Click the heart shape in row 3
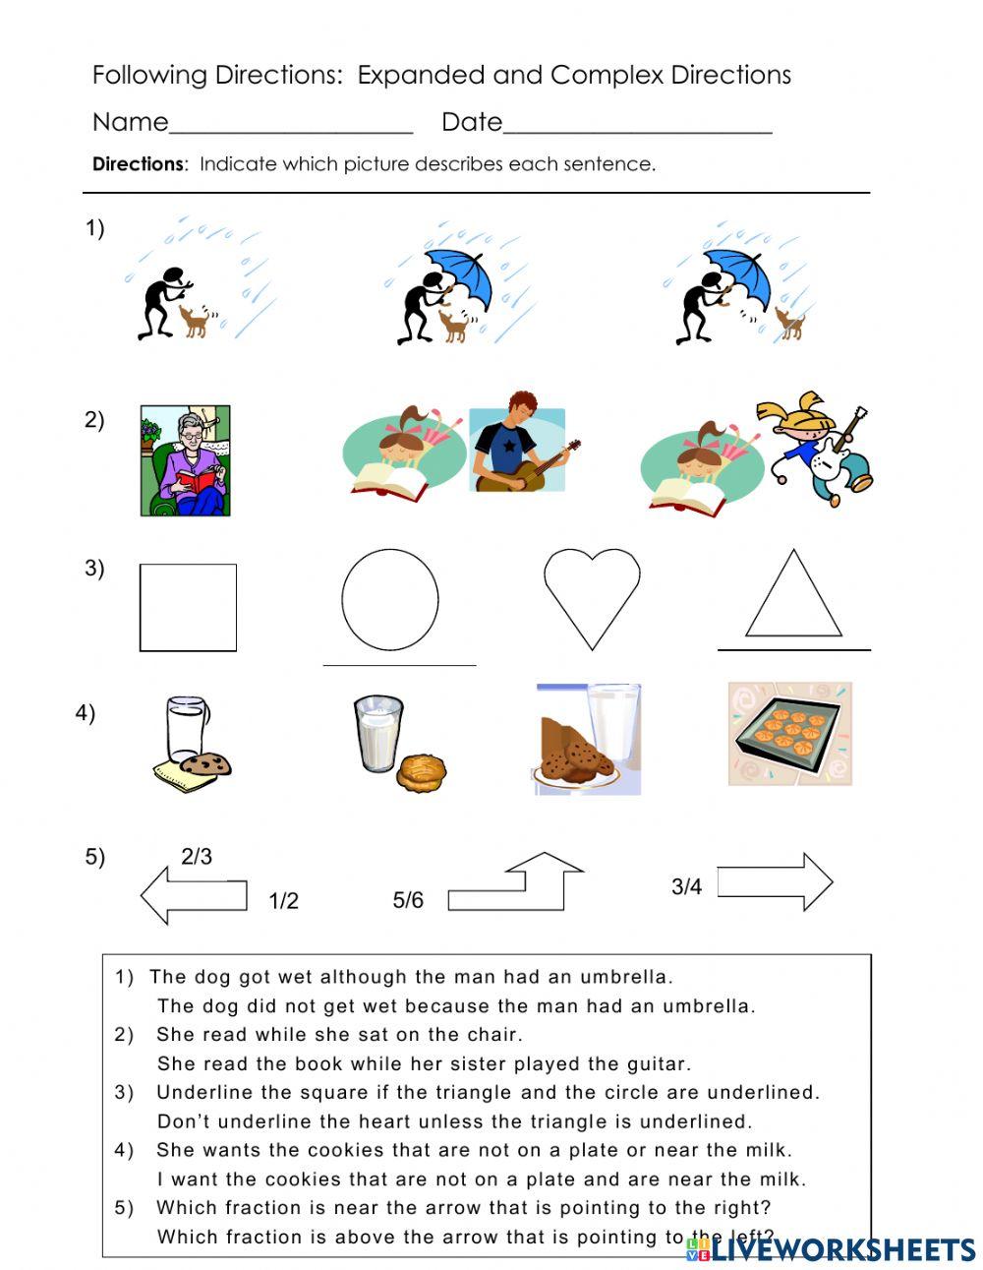click(x=592, y=594)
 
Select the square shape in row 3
click(x=188, y=607)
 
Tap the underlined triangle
click(x=793, y=596)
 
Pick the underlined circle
click(x=390, y=599)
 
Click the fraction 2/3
click(x=197, y=856)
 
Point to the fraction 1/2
click(x=283, y=901)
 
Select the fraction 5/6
click(x=408, y=900)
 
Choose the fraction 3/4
click(x=686, y=886)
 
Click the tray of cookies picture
click(x=789, y=734)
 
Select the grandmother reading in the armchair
click(x=186, y=460)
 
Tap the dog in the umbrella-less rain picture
click(x=197, y=321)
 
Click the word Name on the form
click(x=130, y=123)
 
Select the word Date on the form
click(x=472, y=123)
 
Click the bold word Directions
click(x=138, y=164)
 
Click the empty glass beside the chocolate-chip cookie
click(x=187, y=728)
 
